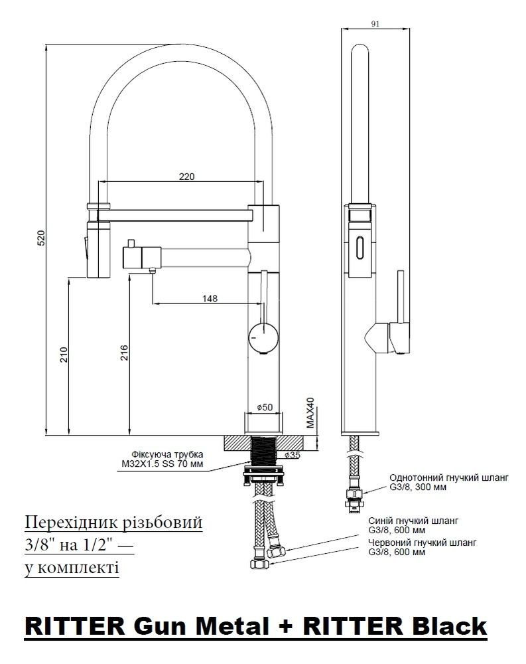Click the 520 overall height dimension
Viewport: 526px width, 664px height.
(x=40, y=240)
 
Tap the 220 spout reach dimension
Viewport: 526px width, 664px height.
(x=186, y=176)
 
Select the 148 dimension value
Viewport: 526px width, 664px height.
(x=210, y=299)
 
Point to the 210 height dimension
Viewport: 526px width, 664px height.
(x=64, y=355)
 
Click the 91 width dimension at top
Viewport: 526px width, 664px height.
(x=375, y=24)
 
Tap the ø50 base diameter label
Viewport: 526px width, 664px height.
(x=265, y=408)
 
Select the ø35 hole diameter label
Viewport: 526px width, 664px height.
(x=293, y=455)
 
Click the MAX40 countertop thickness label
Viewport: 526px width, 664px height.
(x=310, y=412)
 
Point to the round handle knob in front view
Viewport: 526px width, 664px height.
(x=263, y=337)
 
